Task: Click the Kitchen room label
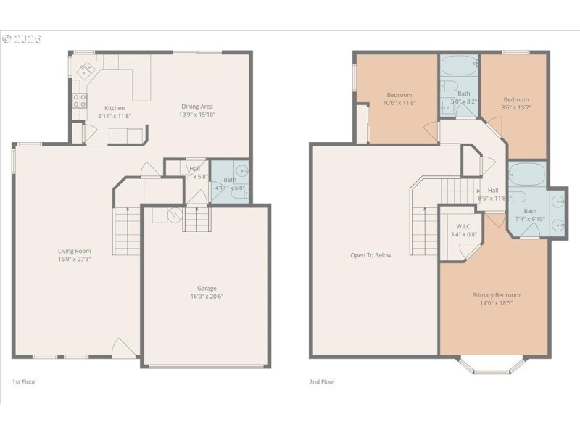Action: (x=115, y=107)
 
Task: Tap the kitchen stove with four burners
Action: (x=80, y=101)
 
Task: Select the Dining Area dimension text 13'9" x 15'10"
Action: (x=197, y=115)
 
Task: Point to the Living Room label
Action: (x=75, y=251)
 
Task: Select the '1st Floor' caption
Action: (x=23, y=381)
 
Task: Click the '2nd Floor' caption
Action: (x=323, y=381)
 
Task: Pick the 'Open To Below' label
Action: (x=370, y=255)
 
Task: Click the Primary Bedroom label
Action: (x=496, y=295)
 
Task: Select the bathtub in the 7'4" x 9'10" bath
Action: (x=527, y=175)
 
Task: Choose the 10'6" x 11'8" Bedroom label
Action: (x=399, y=95)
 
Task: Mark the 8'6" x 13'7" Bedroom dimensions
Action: (x=515, y=108)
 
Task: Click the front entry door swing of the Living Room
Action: (x=124, y=348)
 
